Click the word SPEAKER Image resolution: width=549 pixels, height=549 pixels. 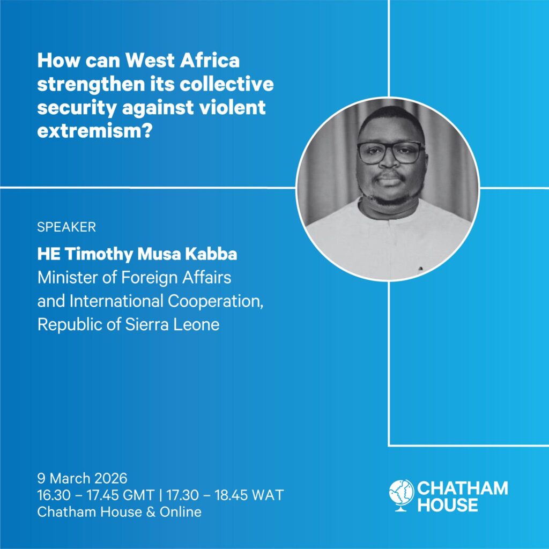(66, 227)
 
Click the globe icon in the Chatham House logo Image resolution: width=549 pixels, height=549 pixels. (401, 495)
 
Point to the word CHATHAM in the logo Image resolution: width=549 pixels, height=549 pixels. (463, 488)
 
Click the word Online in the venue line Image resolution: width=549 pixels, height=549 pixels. (181, 512)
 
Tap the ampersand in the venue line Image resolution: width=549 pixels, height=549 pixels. (151, 512)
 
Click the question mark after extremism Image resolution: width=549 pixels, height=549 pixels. (148, 130)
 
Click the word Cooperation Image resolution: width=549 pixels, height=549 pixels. (216, 301)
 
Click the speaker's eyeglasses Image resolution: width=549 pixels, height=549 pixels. (391, 153)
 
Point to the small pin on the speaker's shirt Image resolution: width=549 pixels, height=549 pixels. (420, 269)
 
